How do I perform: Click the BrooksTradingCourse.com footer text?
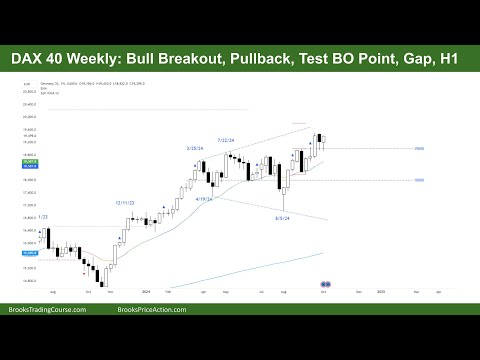[47, 310]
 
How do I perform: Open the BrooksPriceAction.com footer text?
[239, 310]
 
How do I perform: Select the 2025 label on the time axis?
[381, 292]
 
